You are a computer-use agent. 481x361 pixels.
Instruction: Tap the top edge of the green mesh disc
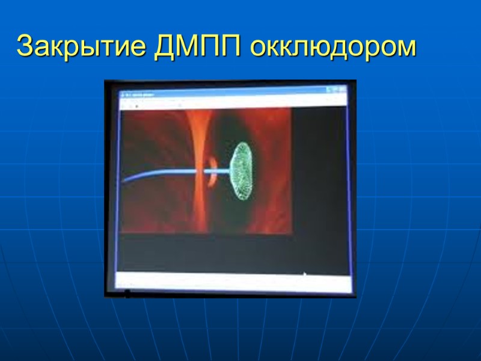tap(243, 143)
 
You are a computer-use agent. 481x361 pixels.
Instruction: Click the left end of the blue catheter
tap(123, 180)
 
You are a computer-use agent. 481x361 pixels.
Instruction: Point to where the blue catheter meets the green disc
tap(233, 172)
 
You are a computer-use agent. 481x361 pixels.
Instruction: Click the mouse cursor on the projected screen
tap(304, 276)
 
